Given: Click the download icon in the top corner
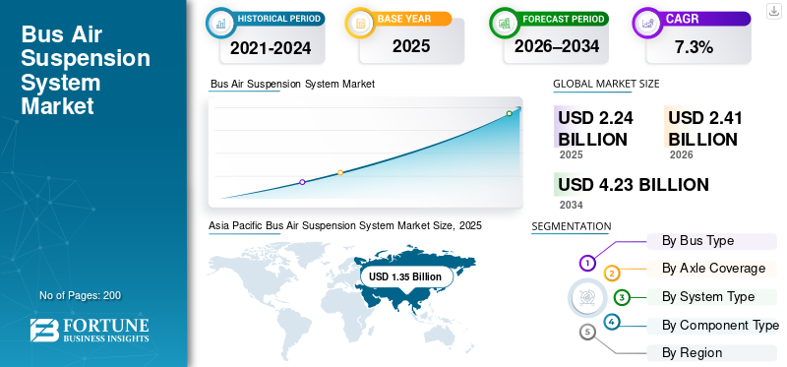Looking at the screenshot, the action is coord(774,11).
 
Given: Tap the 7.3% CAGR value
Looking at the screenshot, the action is coord(695,47).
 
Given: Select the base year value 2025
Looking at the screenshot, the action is coord(411,46).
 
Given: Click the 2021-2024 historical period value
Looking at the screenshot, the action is coord(271,47).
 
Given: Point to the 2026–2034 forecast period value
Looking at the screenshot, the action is coord(557,46).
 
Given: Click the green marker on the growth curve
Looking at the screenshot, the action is coord(509,113).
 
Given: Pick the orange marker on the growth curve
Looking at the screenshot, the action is coord(340,173).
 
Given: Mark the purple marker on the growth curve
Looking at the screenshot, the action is coord(302,182).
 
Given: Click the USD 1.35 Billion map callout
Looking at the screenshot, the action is coord(405,276).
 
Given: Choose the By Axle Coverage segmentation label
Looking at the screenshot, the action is coord(713,269).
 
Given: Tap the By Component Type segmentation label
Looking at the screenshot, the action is coord(720,326).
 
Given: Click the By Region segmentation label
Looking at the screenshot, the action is coord(692,353).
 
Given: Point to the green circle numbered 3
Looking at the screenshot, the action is coord(622,298).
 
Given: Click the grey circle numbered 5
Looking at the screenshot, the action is coord(587,332).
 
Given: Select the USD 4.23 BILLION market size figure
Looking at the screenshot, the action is coord(634,185).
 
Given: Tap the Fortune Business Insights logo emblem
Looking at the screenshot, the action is coord(44,331).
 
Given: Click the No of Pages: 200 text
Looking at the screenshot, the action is coord(81,295).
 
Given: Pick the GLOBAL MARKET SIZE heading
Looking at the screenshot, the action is coord(606,84).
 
